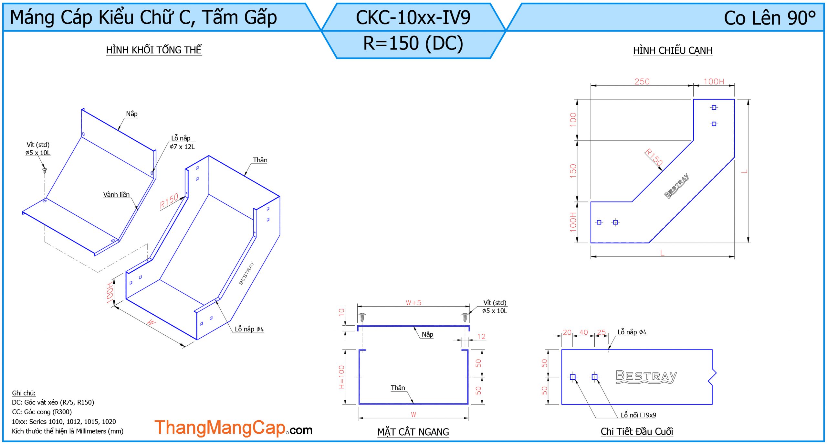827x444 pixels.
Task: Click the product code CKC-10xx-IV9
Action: pos(413,17)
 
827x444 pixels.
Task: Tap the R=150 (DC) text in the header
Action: pos(413,44)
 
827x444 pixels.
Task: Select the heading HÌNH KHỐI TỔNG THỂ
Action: pos(154,50)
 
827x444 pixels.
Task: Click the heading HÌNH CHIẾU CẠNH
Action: pos(673,50)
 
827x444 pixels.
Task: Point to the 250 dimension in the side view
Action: pos(642,81)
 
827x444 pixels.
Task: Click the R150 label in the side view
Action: pos(654,157)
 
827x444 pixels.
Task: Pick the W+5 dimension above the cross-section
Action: pos(413,303)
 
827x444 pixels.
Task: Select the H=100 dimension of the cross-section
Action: pos(341,377)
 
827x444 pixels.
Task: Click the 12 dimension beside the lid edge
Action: pos(481,336)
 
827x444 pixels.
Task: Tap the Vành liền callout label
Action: pos(116,194)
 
